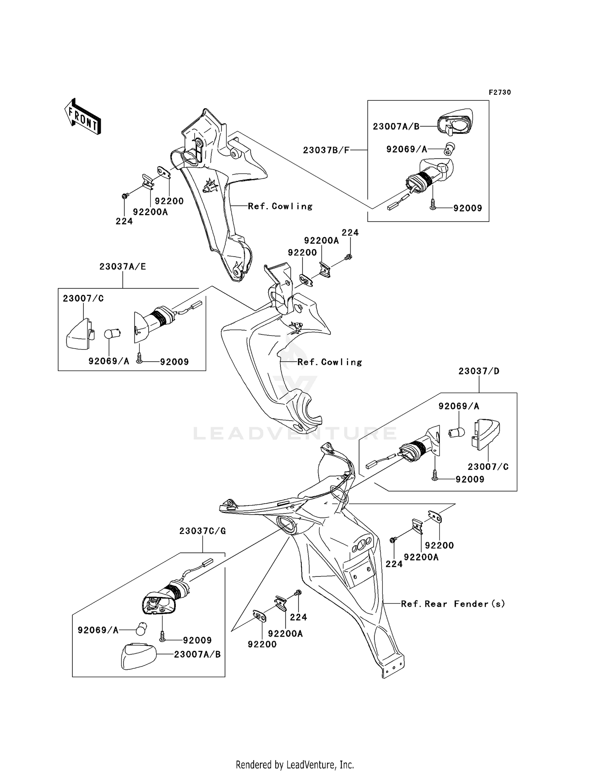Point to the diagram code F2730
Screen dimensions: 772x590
coord(500,92)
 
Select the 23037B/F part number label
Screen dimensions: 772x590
coord(326,150)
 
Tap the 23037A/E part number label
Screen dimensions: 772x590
coord(122,267)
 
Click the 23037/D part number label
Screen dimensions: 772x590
coord(479,371)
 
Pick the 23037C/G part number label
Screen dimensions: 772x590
coord(203,531)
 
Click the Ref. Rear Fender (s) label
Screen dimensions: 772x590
coord(453,604)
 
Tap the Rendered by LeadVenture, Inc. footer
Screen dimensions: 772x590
coord(295,765)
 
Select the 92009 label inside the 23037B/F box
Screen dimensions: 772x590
coord(468,208)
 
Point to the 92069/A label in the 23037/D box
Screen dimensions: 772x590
coord(459,406)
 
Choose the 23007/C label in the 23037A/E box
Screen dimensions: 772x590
coord(83,299)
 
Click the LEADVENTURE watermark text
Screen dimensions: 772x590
coord(295,433)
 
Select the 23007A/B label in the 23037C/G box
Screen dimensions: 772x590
coord(197,654)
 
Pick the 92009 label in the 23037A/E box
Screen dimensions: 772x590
coord(174,362)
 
